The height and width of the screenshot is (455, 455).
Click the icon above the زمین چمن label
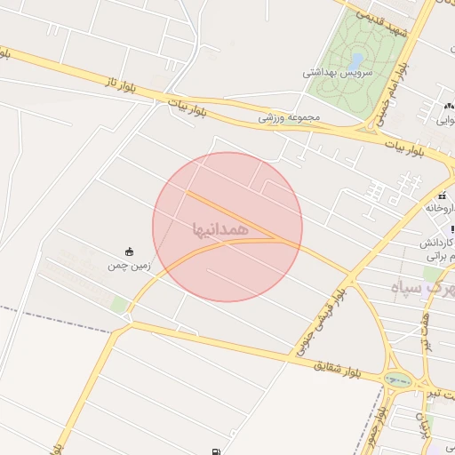[130, 251]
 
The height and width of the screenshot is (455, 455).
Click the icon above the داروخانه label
[442, 196]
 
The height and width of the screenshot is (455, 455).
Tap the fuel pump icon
[218, 451]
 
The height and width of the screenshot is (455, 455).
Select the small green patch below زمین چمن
[119, 305]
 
